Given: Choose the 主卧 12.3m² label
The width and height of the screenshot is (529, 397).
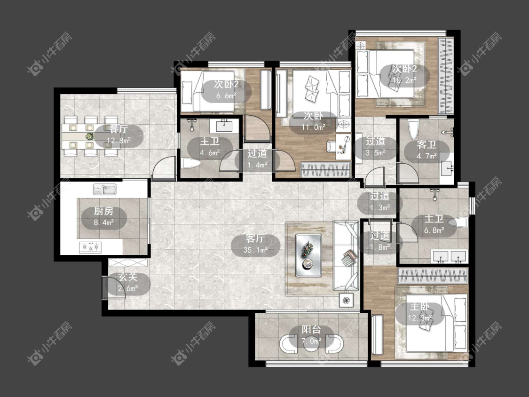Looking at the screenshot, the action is (420, 313).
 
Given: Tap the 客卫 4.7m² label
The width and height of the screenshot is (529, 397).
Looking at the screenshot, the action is (427, 150).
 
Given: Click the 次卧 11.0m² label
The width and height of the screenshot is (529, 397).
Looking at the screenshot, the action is (314, 121).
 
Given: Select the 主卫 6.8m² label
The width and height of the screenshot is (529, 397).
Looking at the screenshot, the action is (434, 224).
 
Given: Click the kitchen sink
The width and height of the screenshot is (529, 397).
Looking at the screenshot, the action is (104, 190).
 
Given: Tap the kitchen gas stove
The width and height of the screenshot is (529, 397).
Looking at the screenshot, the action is (90, 247).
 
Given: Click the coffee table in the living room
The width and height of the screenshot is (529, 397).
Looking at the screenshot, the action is (308, 255).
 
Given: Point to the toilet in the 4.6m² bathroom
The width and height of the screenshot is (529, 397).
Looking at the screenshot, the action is (191, 164).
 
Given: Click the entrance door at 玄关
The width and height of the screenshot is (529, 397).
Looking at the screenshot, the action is (114, 287).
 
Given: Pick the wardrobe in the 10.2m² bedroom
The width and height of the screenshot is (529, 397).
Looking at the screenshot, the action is (446, 76).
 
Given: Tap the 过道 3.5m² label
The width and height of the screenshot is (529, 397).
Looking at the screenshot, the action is (376, 147).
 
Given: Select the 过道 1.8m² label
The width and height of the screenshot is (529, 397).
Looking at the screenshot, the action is (380, 241).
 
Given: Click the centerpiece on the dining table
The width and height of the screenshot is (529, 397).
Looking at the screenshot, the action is (89, 136).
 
